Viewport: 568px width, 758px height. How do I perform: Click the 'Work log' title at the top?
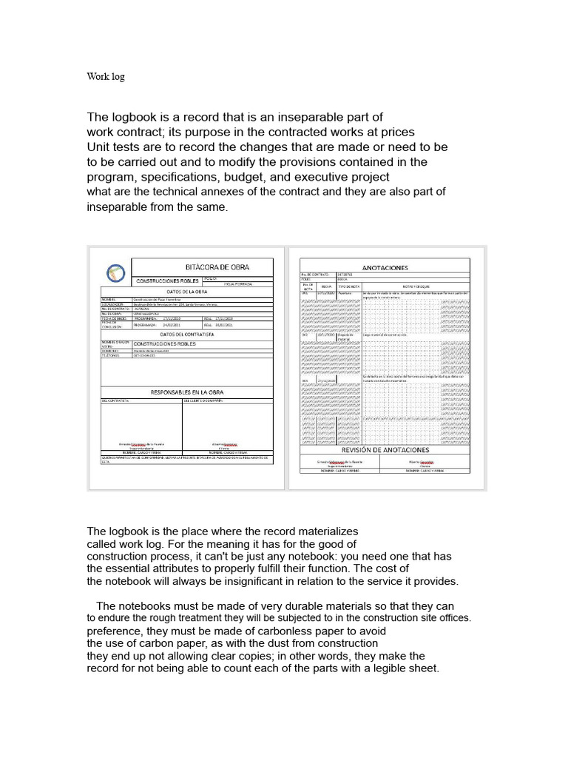tap(106, 76)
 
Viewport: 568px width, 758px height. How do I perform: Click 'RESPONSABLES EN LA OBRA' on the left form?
tap(187, 392)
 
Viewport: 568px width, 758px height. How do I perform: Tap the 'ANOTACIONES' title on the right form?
tap(385, 267)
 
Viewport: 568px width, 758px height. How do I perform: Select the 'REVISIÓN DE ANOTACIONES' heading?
tap(385, 450)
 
